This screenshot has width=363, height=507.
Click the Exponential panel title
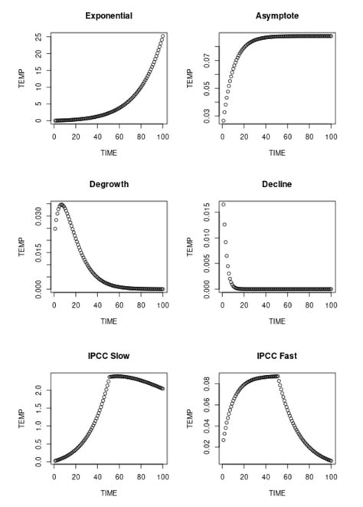(108, 15)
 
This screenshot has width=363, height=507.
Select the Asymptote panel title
(277, 15)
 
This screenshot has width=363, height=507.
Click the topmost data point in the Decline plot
(223, 205)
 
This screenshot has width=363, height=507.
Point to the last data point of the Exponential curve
(162, 35)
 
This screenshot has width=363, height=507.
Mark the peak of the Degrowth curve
(61, 205)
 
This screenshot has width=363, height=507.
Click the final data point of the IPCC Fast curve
(331, 460)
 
